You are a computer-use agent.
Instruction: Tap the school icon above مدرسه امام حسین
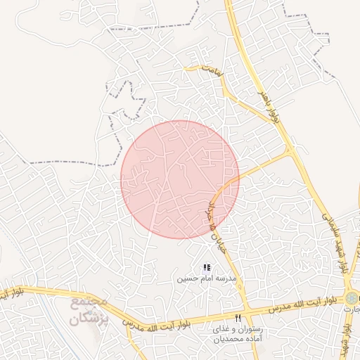click(206, 268)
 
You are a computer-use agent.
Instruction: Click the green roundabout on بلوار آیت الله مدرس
click(351, 298)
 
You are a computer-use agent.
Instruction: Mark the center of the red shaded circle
click(180, 179)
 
